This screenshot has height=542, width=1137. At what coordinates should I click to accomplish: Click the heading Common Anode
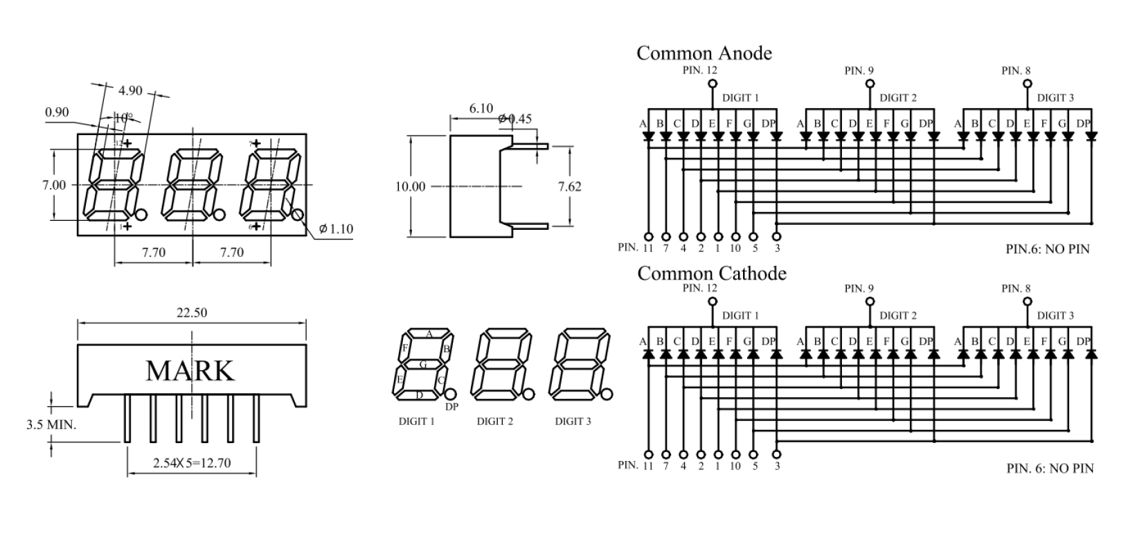click(704, 53)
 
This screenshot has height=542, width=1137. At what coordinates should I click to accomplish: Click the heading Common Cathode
click(711, 273)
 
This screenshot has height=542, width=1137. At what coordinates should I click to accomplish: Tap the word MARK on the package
click(190, 371)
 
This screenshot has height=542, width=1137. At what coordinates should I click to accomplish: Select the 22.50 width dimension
click(192, 313)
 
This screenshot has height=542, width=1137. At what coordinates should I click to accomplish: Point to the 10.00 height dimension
click(410, 186)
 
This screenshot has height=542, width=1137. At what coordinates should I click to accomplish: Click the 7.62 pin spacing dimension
click(570, 186)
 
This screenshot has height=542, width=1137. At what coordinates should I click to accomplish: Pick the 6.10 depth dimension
click(481, 109)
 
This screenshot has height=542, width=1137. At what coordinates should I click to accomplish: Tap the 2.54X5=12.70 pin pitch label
click(192, 462)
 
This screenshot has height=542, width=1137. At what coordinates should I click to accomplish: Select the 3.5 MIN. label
click(51, 424)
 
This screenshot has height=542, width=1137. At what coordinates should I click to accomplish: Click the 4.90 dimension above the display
click(130, 91)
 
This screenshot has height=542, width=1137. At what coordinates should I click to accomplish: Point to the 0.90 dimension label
click(57, 112)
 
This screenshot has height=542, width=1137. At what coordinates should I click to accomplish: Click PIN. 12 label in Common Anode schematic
click(699, 70)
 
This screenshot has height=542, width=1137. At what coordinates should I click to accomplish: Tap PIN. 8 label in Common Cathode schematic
click(1016, 288)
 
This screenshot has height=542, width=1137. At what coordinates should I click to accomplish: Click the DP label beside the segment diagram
click(451, 407)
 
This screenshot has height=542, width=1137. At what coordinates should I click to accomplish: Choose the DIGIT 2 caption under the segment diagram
click(494, 421)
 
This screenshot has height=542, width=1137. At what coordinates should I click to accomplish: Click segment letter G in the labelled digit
click(423, 364)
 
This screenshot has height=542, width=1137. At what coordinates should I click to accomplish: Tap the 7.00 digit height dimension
click(54, 186)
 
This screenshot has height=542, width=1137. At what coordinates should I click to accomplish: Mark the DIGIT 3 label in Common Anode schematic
click(1055, 98)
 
